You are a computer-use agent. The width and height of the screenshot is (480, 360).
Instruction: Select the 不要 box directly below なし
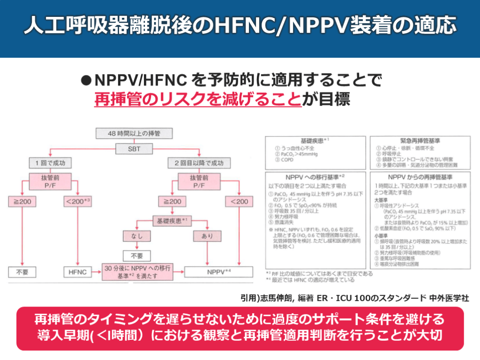click(x=136, y=255)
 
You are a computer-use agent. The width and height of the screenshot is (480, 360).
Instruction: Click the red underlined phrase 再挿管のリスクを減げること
click(x=197, y=99)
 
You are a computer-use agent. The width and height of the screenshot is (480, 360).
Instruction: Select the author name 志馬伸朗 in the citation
click(x=278, y=298)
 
